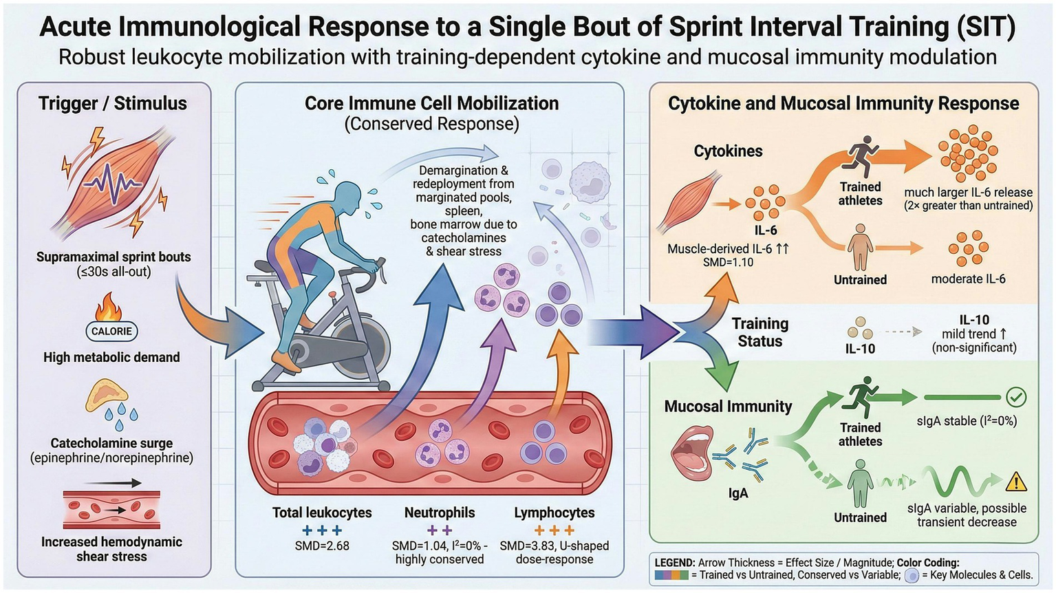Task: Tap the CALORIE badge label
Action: (x=111, y=331)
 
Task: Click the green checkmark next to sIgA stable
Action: (x=1015, y=397)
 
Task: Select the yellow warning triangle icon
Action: (x=1015, y=482)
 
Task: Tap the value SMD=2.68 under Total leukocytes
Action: (x=322, y=546)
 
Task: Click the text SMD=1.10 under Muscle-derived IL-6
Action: (x=728, y=262)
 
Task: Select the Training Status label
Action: (x=759, y=332)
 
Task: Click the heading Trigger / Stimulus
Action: (x=113, y=103)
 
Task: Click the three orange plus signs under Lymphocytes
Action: (x=554, y=530)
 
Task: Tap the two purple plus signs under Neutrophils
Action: (x=440, y=530)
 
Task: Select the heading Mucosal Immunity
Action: (x=728, y=406)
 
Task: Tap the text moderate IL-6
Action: (x=968, y=279)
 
